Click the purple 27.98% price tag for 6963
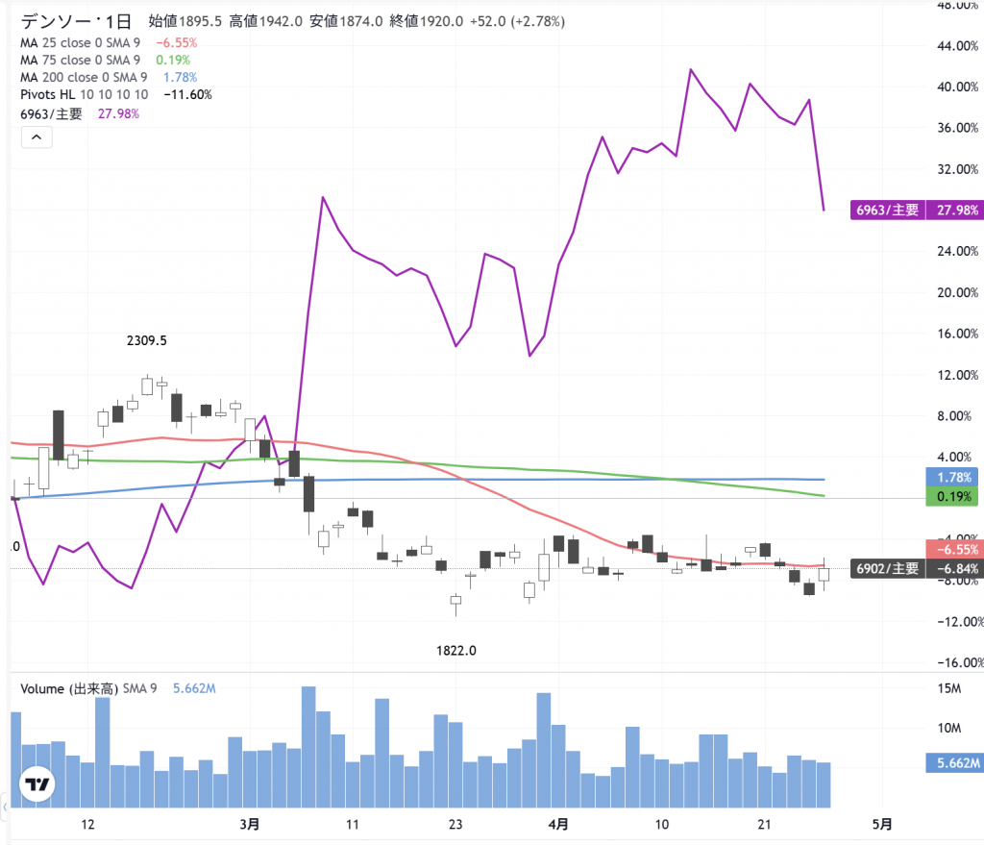(915, 210)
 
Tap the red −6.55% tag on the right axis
(952, 549)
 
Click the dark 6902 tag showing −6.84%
(915, 569)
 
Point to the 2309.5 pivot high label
(154, 340)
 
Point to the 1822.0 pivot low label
(456, 650)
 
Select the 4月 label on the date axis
(557, 824)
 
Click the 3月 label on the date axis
(249, 824)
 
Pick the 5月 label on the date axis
(881, 824)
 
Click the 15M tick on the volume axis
(949, 688)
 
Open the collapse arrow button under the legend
(36, 137)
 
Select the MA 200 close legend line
(84, 77)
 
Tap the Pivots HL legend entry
(85, 94)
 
